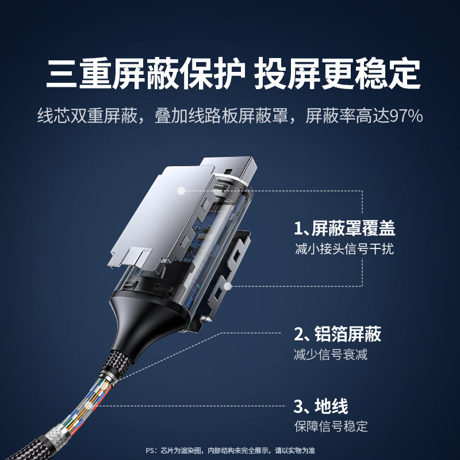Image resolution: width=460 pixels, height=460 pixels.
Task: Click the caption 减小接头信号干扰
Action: (344, 250)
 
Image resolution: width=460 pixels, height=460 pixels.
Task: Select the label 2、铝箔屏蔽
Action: (338, 334)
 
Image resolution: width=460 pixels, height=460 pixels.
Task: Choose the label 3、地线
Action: (321, 407)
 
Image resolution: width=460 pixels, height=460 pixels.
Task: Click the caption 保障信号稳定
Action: (331, 427)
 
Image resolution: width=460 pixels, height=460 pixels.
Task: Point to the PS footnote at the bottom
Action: (230, 450)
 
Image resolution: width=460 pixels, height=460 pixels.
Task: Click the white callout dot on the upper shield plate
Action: (181, 189)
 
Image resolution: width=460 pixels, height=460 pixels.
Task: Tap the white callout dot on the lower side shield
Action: (228, 285)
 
